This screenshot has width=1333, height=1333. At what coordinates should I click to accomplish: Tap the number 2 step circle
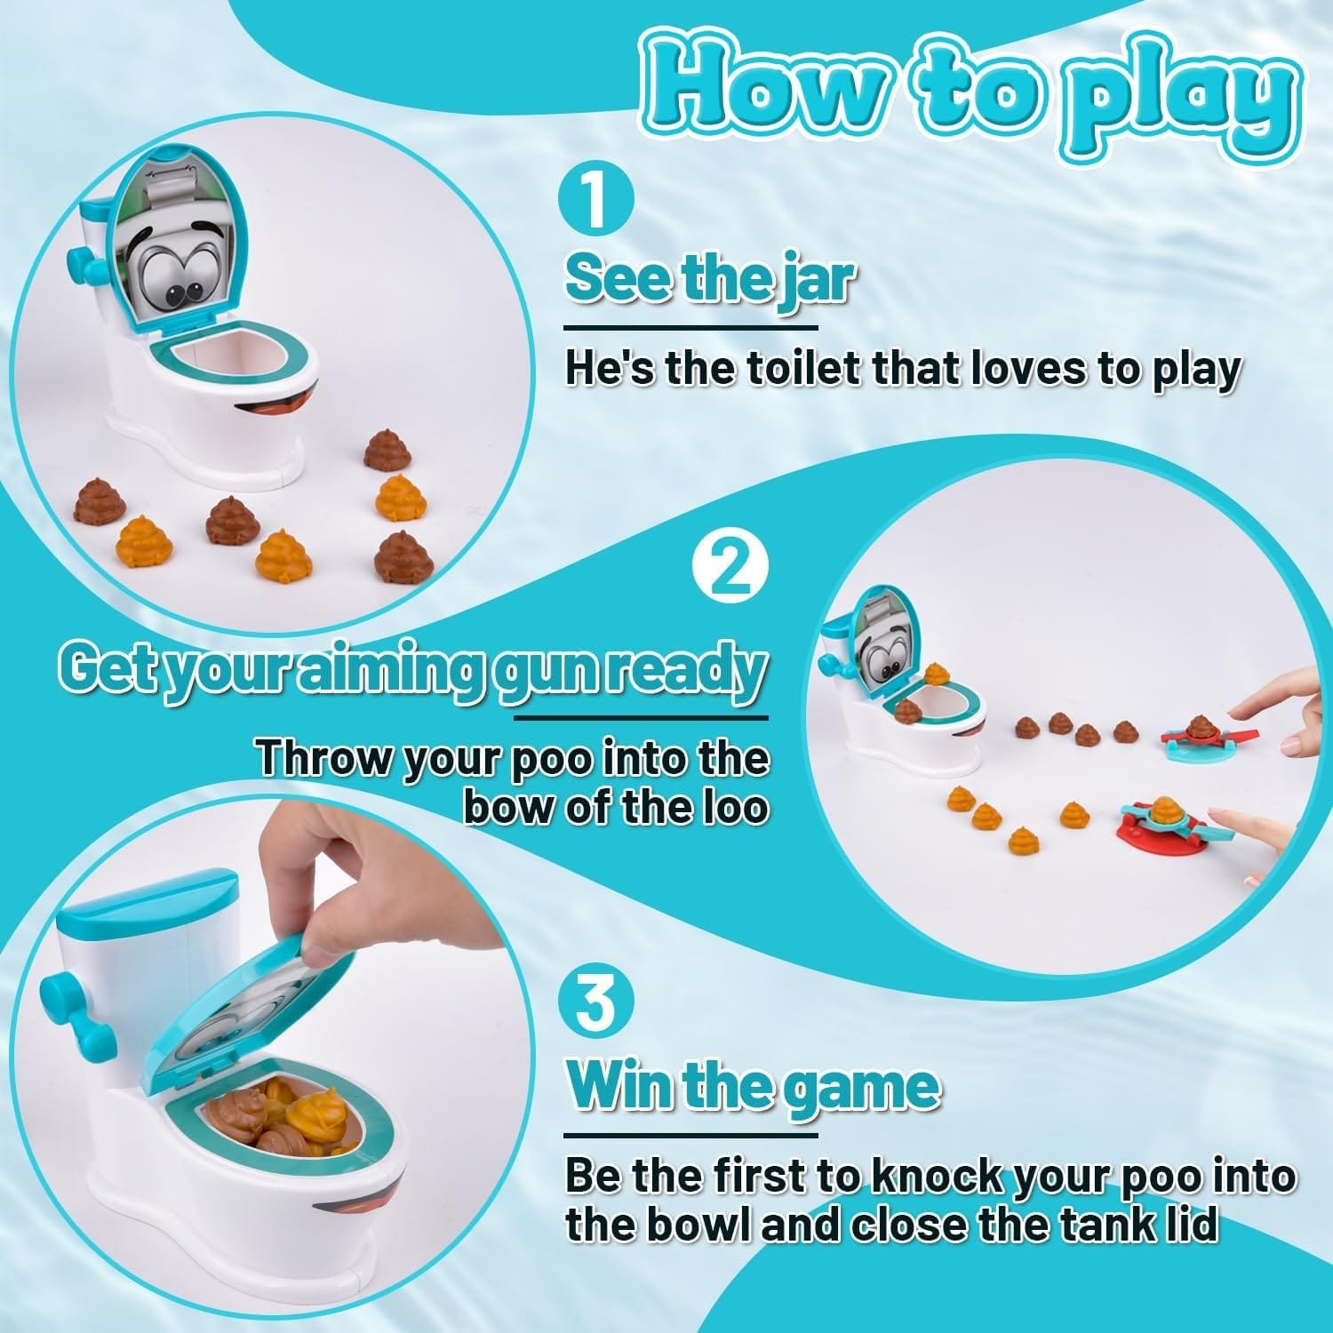click(731, 571)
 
